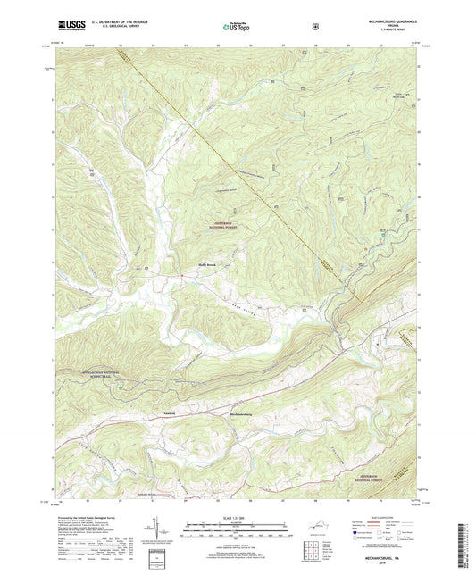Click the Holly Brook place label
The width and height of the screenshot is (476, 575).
(207, 264)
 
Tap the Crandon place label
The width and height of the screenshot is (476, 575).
(173, 412)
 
